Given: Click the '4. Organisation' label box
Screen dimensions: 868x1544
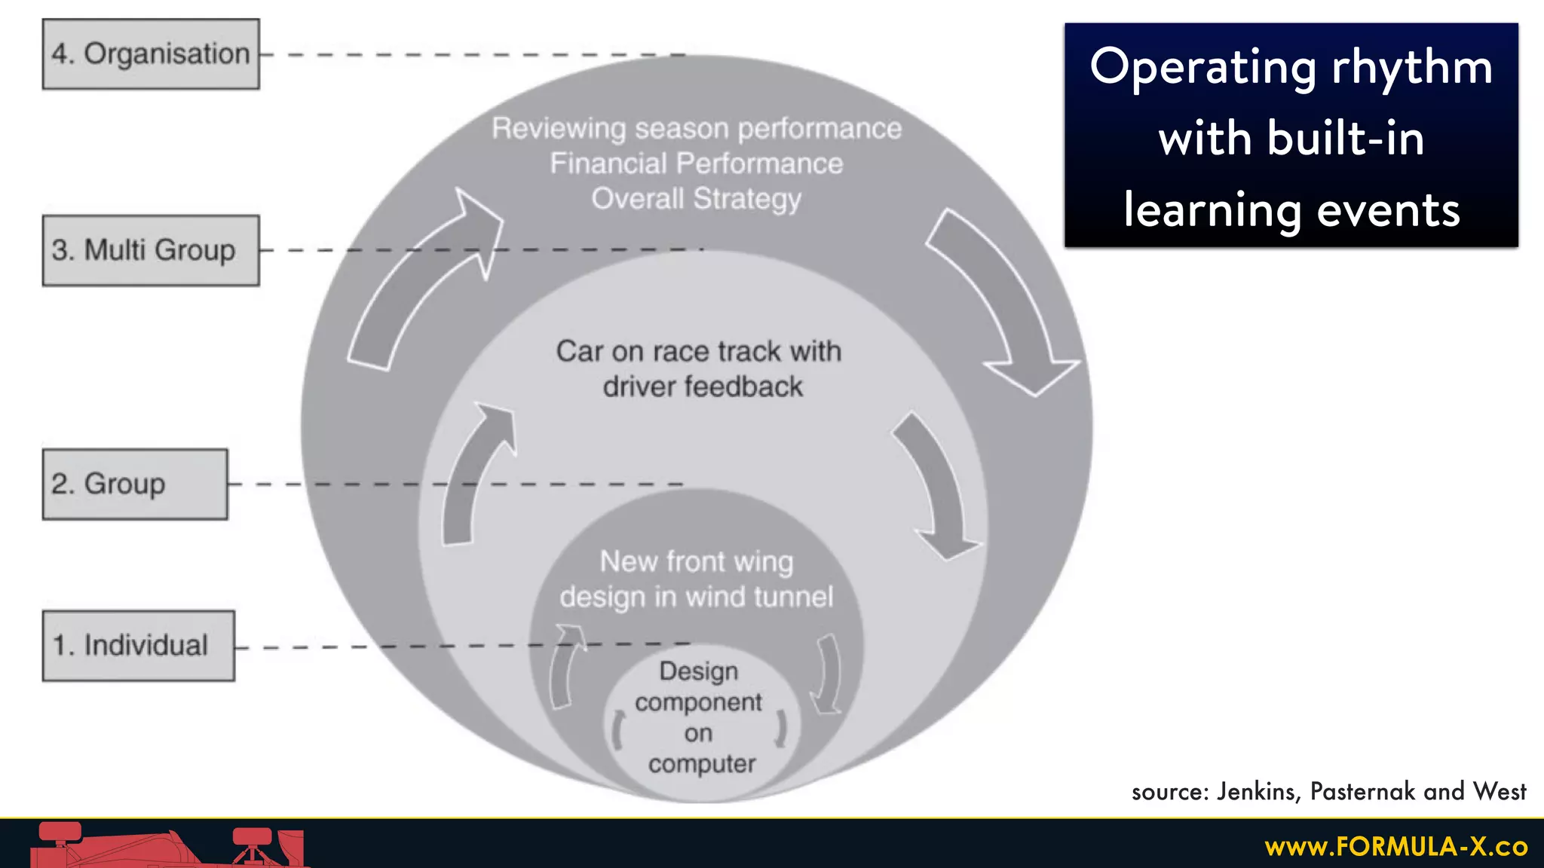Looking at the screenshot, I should coord(151,54).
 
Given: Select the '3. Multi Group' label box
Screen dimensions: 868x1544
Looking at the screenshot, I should coord(151,250).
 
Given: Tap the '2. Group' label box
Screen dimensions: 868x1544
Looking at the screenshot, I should coord(135,484).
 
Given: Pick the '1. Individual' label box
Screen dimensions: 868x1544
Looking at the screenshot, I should coord(138,646).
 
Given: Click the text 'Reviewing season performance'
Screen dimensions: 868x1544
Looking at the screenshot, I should coord(696,129).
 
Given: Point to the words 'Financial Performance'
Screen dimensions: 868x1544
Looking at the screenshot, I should coord(696,164).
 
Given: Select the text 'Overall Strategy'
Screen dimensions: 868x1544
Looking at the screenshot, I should coord(696,199).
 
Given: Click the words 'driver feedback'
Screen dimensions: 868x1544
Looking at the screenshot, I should coord(702,387).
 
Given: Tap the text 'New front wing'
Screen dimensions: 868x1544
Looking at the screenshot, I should coord(696,561).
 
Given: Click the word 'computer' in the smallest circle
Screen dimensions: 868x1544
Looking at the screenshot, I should coord(701,764).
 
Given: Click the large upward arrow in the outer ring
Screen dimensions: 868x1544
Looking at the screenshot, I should coord(422,286).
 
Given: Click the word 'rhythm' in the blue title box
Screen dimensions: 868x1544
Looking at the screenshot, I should coord(1411,68).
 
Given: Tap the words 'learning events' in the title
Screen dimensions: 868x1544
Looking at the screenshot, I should coord(1291,210).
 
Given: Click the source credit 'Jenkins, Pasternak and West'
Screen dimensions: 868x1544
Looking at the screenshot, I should coord(1371,791).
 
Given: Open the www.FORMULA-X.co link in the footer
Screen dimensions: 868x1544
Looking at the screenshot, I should coord(1396,847).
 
